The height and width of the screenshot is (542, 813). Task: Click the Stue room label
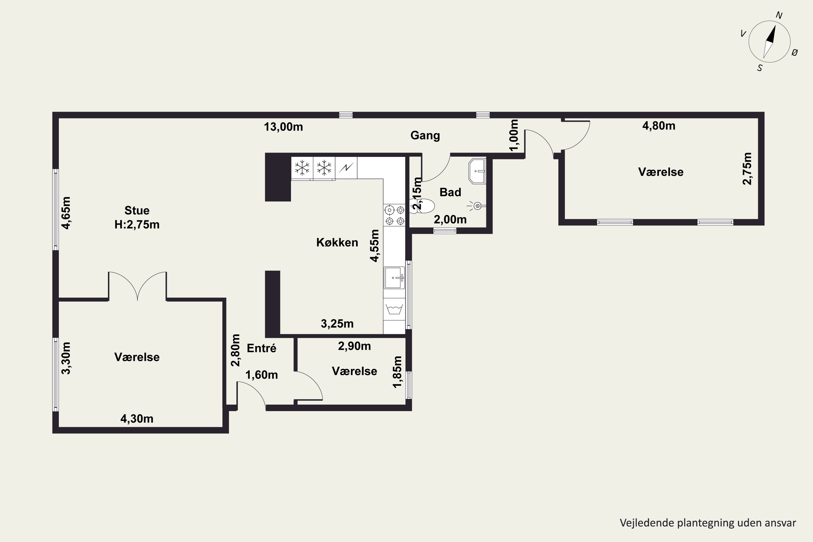[x=137, y=211]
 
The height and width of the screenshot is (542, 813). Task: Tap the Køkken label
[x=337, y=242]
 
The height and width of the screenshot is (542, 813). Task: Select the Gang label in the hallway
[x=425, y=135]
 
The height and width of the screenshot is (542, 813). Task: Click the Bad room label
[x=450, y=192]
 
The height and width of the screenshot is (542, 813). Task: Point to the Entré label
[x=262, y=348]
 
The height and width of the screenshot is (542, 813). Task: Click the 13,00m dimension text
[x=283, y=127]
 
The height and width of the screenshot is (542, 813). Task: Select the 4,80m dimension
[x=659, y=126]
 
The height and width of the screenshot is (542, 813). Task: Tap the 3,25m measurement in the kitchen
[x=337, y=324]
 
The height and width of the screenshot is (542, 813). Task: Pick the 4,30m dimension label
[x=137, y=419]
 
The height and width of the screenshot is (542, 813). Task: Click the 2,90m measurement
[x=354, y=346]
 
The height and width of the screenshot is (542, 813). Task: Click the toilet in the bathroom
[x=422, y=206]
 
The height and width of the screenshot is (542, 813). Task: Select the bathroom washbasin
[x=477, y=171]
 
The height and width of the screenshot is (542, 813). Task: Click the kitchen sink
[x=394, y=278]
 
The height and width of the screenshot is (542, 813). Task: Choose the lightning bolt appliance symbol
[x=346, y=168]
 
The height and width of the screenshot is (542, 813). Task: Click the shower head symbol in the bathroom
[x=477, y=206]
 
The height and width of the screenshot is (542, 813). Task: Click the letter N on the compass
[x=779, y=15]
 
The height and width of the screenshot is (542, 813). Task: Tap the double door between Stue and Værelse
[x=138, y=286]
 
